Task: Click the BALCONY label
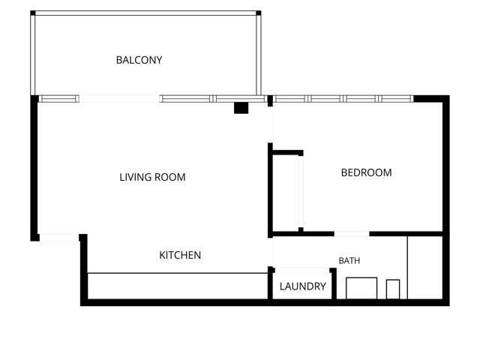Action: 139,60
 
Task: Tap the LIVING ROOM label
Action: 152,177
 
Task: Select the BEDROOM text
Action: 367,172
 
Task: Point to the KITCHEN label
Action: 180,255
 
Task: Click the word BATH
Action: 349,261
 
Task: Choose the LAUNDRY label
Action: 303,286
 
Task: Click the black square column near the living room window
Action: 241,108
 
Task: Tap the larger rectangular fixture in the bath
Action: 361,288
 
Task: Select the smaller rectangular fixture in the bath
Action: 393,289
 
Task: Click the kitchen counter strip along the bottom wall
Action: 178,286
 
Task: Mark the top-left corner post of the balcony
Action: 33,13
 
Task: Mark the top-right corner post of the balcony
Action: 259,13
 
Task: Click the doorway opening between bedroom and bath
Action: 352,234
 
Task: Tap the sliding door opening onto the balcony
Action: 119,98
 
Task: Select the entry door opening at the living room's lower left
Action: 59,238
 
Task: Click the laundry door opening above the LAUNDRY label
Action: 302,270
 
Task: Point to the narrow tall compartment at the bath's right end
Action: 425,268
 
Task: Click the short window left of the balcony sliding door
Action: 58,98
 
